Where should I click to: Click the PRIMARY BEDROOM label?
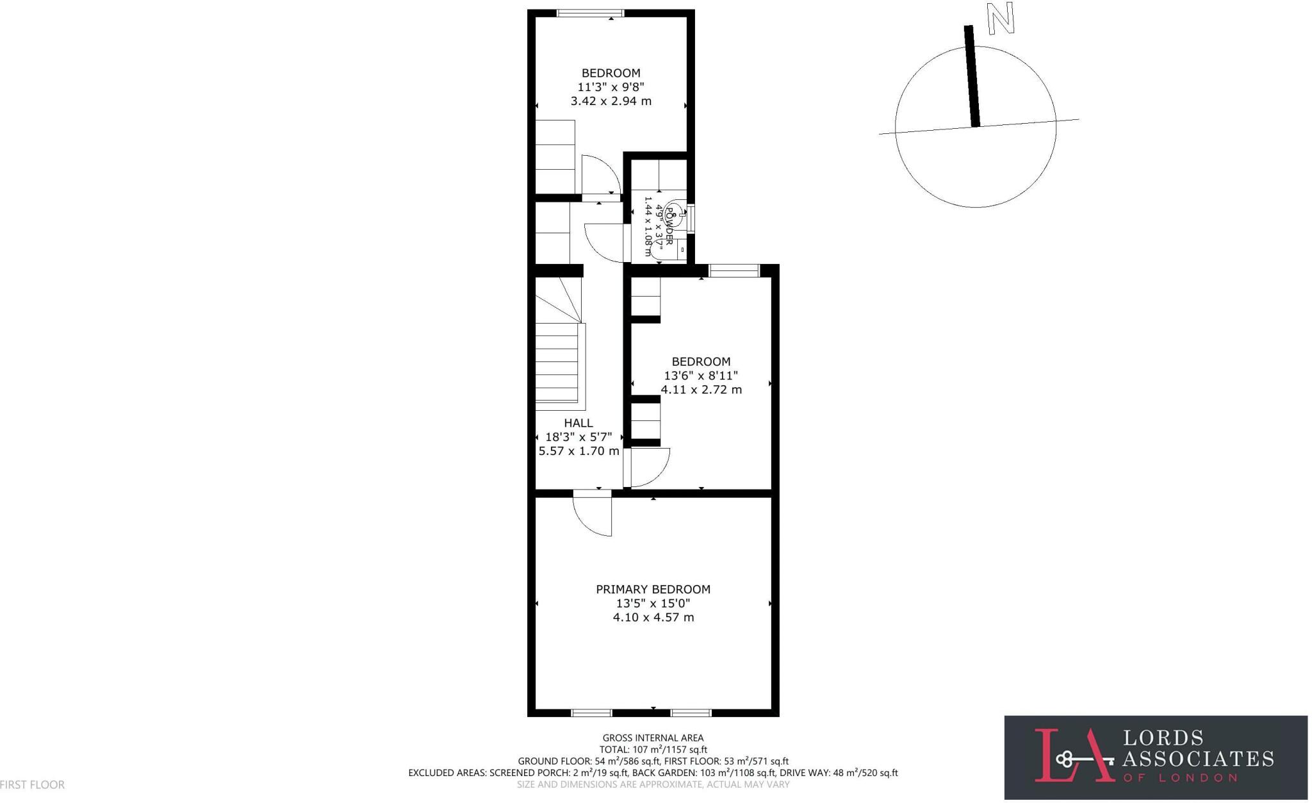coord(653,589)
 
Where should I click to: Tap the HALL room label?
coord(578,423)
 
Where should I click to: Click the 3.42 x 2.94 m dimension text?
coord(611,101)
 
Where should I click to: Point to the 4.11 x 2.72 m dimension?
coord(701,390)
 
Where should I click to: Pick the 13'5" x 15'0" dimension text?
coord(653,603)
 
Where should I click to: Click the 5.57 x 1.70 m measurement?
coord(578,451)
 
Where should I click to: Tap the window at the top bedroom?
coord(590,13)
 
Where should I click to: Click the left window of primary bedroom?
coord(591,713)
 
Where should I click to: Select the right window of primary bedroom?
coord(691,713)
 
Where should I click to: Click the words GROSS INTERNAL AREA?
coord(653,738)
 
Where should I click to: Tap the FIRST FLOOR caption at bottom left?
coord(32,784)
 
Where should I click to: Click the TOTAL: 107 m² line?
coord(653,750)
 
